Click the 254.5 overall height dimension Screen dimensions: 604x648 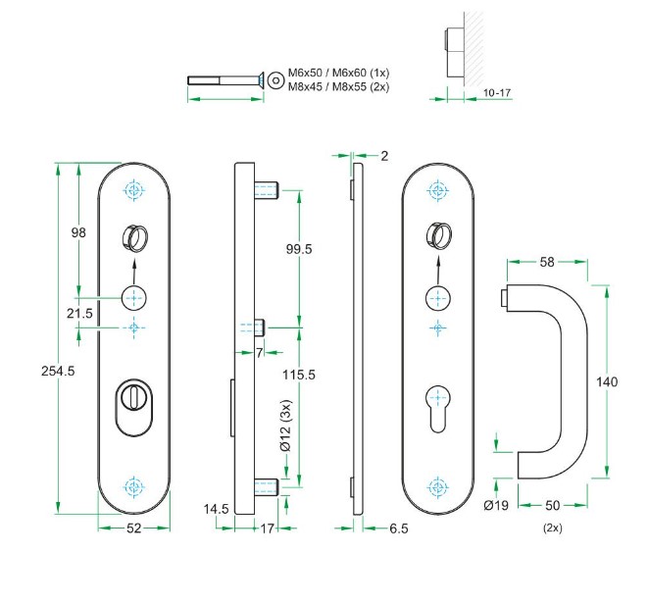click(x=30, y=372)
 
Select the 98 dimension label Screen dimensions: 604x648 click(x=79, y=232)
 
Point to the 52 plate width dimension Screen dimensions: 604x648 click(x=134, y=528)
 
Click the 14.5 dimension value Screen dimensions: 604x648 click(x=218, y=509)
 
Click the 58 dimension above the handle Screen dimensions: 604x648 click(x=548, y=263)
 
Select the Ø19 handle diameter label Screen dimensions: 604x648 click(x=496, y=506)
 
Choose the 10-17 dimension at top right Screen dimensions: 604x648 click(x=497, y=93)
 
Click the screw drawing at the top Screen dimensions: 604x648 click(x=224, y=79)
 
